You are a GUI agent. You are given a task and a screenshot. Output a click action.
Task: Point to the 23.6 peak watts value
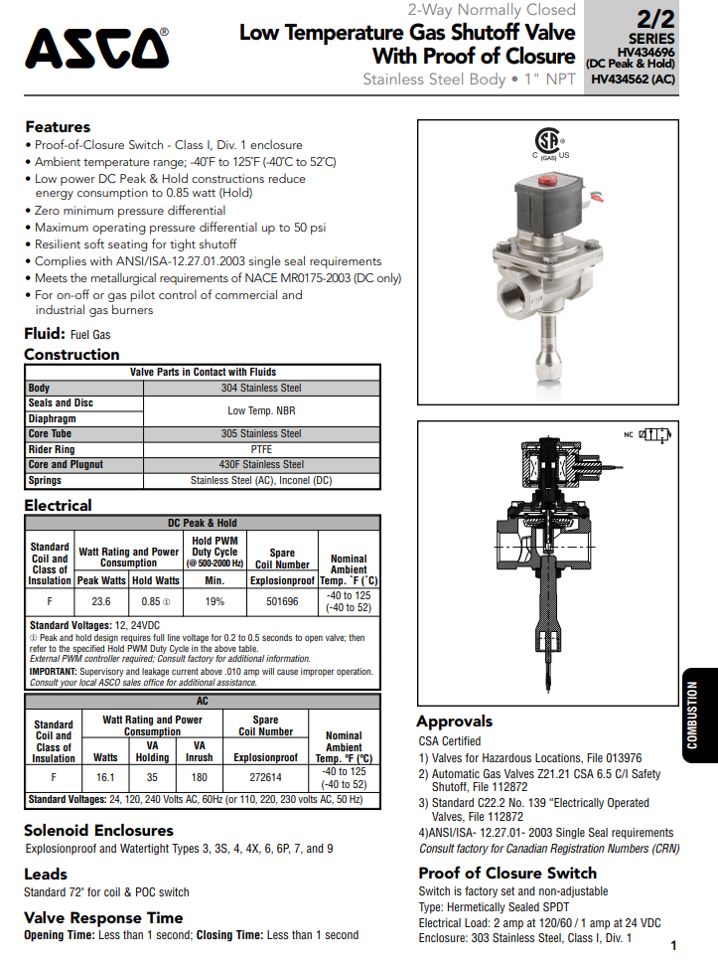pyautogui.click(x=101, y=601)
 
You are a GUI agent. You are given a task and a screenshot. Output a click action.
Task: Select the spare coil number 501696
pyautogui.click(x=282, y=601)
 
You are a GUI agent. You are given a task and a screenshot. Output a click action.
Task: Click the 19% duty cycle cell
pyautogui.click(x=215, y=601)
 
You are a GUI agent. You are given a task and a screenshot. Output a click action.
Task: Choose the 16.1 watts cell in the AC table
pyautogui.click(x=105, y=777)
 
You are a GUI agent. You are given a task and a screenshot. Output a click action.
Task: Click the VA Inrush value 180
pyautogui.click(x=200, y=777)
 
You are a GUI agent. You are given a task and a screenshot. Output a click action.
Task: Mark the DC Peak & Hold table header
pyautogui.click(x=202, y=523)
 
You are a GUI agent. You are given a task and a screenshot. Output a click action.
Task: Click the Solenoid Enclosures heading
pyautogui.click(x=98, y=830)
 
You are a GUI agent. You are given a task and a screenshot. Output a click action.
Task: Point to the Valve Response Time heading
pyautogui.click(x=103, y=917)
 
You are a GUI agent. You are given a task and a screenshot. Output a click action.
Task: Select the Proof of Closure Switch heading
pyautogui.click(x=506, y=874)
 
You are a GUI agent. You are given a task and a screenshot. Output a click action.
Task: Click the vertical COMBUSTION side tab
pyautogui.click(x=692, y=716)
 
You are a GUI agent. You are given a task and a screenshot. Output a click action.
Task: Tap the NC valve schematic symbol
pyautogui.click(x=658, y=435)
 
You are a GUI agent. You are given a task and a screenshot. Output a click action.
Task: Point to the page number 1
pyautogui.click(x=673, y=945)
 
